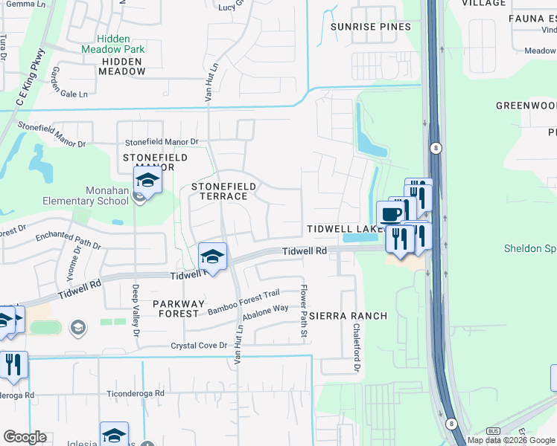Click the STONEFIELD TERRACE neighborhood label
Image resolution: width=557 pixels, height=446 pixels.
tap(223, 191)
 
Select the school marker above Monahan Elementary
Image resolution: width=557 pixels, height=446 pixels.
tap(147, 180)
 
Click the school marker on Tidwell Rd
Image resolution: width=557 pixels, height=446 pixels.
tap(213, 256)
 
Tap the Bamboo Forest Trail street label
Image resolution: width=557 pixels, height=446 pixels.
tap(244, 302)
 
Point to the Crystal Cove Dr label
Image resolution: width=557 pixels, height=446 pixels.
tap(199, 346)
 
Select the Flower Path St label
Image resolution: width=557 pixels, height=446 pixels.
tap(304, 311)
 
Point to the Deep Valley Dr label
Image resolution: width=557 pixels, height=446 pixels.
tap(136, 311)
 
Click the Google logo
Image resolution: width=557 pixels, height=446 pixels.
tap(25, 437)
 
